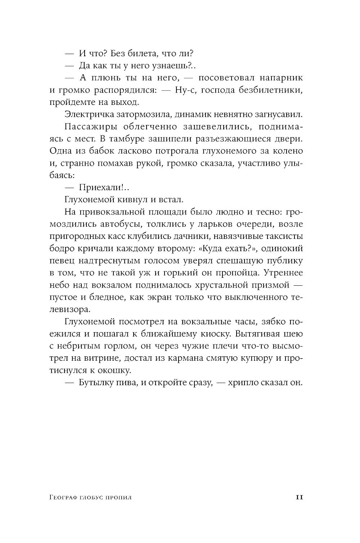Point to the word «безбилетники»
(x=270, y=90)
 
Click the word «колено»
(x=288, y=151)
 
